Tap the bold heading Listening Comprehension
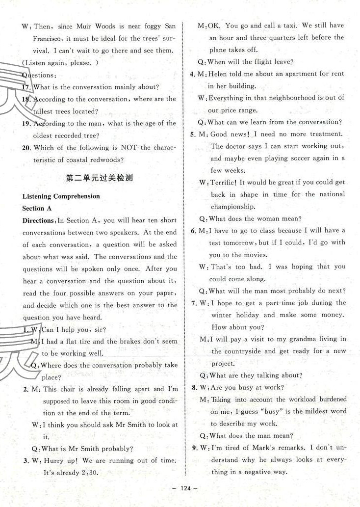point(61,196)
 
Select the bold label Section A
point(37,208)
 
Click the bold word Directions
point(40,220)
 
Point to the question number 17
point(26,87)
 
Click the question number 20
point(26,148)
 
